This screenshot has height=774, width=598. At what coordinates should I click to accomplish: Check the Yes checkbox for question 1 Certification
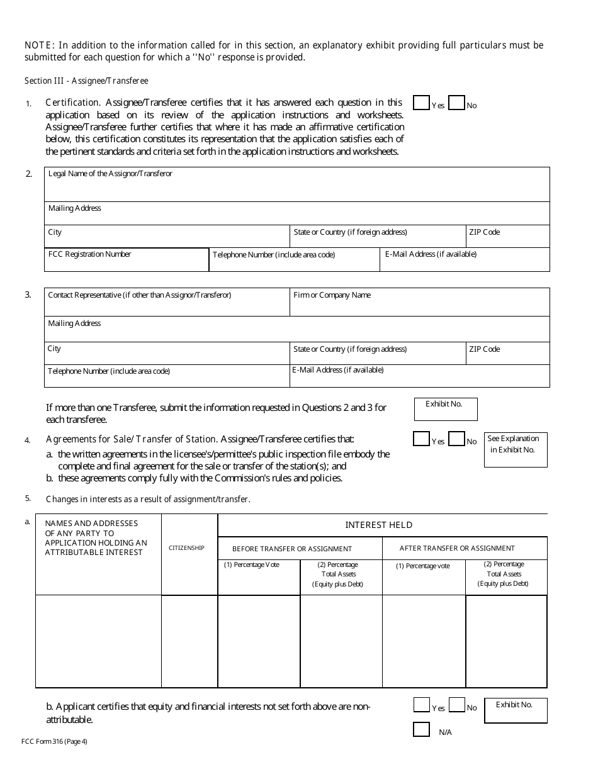tap(421, 103)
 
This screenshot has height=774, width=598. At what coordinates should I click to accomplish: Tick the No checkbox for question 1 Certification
tap(456, 103)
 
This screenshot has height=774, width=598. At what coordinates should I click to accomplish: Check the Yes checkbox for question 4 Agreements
tap(421, 439)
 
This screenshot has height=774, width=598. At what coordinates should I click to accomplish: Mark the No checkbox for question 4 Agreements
tap(456, 439)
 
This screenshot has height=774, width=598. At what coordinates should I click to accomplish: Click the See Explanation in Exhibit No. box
tap(515, 450)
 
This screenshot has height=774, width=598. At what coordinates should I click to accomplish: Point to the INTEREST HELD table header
tap(378, 525)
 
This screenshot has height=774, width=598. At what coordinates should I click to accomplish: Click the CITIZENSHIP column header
tap(186, 548)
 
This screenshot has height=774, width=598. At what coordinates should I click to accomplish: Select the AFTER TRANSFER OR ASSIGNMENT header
tap(457, 548)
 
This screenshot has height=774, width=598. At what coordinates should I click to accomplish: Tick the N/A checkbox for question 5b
tap(421, 730)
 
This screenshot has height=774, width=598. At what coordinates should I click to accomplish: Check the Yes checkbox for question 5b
tap(421, 705)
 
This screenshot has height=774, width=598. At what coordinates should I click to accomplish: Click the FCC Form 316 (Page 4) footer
tap(54, 741)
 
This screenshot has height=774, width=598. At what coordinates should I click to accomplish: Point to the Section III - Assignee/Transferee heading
tap(86, 81)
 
